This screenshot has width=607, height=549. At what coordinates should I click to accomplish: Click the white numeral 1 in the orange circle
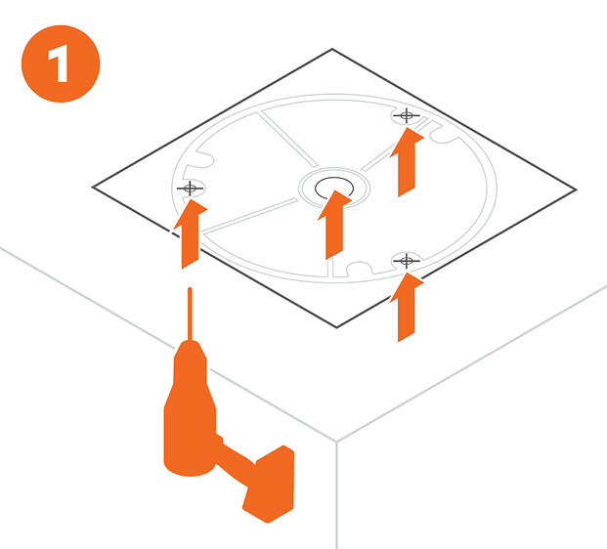(x=59, y=63)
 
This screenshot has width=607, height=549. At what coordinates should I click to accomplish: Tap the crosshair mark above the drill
(x=190, y=189)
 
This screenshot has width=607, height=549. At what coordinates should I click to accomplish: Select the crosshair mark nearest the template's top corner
(x=406, y=115)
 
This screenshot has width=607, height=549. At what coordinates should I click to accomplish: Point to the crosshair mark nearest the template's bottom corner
(x=406, y=261)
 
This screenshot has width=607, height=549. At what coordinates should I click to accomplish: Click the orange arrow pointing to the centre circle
(x=334, y=225)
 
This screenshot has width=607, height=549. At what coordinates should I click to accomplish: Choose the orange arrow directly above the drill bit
(x=190, y=233)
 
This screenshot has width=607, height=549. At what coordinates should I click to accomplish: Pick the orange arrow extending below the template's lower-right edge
(x=407, y=307)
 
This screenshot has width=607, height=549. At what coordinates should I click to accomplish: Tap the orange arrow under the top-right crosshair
(x=407, y=162)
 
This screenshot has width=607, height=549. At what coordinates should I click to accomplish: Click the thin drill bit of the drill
(x=190, y=315)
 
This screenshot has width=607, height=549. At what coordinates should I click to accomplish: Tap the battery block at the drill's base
(x=268, y=484)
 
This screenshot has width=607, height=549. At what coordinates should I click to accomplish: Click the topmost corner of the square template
(x=332, y=49)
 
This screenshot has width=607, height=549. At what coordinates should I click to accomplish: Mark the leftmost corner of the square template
(x=92, y=187)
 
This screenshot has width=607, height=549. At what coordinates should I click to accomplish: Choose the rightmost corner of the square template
(x=577, y=190)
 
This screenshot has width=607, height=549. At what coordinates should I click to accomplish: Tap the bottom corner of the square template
(x=337, y=327)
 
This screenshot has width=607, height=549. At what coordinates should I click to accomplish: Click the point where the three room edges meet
(x=336, y=442)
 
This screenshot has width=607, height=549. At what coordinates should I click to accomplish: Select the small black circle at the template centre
(x=334, y=188)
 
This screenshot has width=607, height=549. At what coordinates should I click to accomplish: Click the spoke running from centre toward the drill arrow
(x=249, y=216)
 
